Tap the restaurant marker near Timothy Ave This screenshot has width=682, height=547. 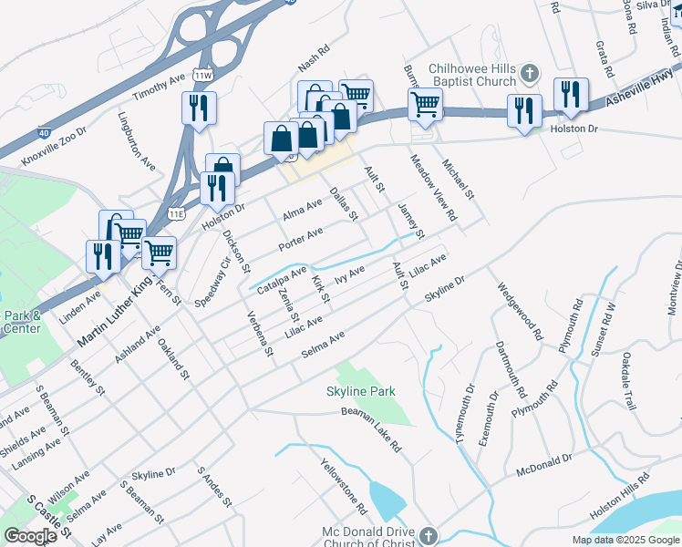click(x=198, y=108)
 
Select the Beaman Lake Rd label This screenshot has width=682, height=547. click(x=371, y=428)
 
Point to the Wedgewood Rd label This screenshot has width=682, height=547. click(x=520, y=311)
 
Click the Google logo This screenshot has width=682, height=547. click(x=30, y=536)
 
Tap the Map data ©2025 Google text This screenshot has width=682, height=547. click(x=625, y=540)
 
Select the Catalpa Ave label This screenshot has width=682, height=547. click(x=281, y=278)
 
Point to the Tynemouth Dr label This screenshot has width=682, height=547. click(x=465, y=414)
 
